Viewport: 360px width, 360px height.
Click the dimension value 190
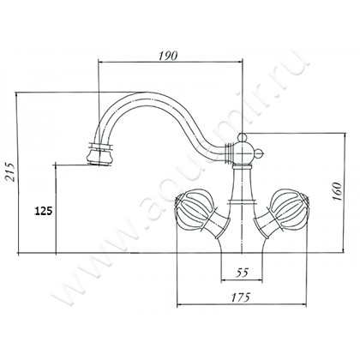[x=168, y=56]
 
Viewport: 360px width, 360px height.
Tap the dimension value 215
[x=10, y=171]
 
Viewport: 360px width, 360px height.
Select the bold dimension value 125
[x=44, y=211]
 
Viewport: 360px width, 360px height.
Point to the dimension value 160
[x=337, y=191]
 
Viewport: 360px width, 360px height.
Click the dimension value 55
[x=242, y=273]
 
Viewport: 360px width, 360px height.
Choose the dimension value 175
[x=241, y=297]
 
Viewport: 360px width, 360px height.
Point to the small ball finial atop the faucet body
[x=242, y=137]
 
